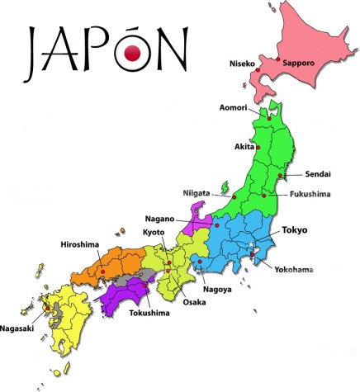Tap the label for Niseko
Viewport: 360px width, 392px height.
[x=245, y=63]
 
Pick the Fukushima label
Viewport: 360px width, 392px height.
[x=310, y=194]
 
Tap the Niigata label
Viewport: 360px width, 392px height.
[x=196, y=193]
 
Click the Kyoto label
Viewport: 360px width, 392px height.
[x=154, y=234]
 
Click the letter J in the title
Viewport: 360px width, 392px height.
[x=35, y=50]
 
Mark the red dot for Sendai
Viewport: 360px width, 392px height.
[x=282, y=176]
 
